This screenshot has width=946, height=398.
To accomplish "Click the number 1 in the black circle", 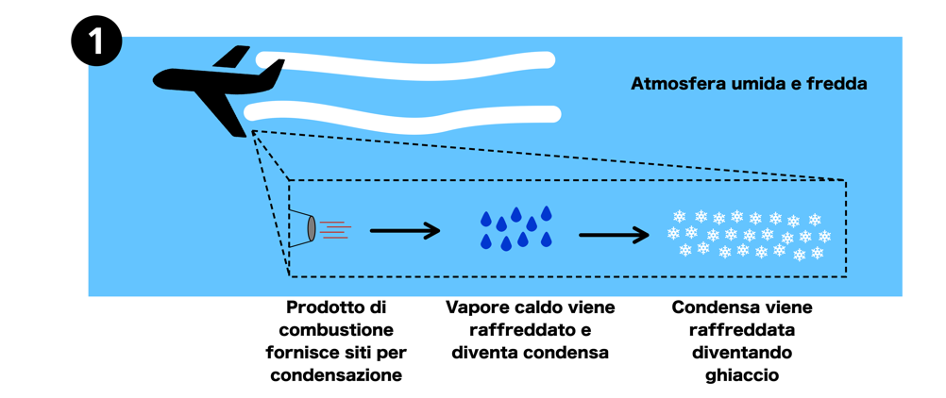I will [x=95, y=43].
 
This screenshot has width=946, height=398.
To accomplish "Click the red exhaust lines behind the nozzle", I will [x=335, y=229].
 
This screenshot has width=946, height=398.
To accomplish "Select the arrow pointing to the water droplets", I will [x=404, y=230].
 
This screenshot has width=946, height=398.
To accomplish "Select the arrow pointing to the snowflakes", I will [x=614, y=234].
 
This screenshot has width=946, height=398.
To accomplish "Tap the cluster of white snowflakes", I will [x=747, y=233].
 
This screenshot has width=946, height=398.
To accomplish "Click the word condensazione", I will [x=336, y=375].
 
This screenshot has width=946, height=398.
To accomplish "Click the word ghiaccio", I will [x=742, y=375].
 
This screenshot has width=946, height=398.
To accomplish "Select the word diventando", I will [x=742, y=353].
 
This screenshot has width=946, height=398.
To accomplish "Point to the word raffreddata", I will [x=742, y=330].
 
